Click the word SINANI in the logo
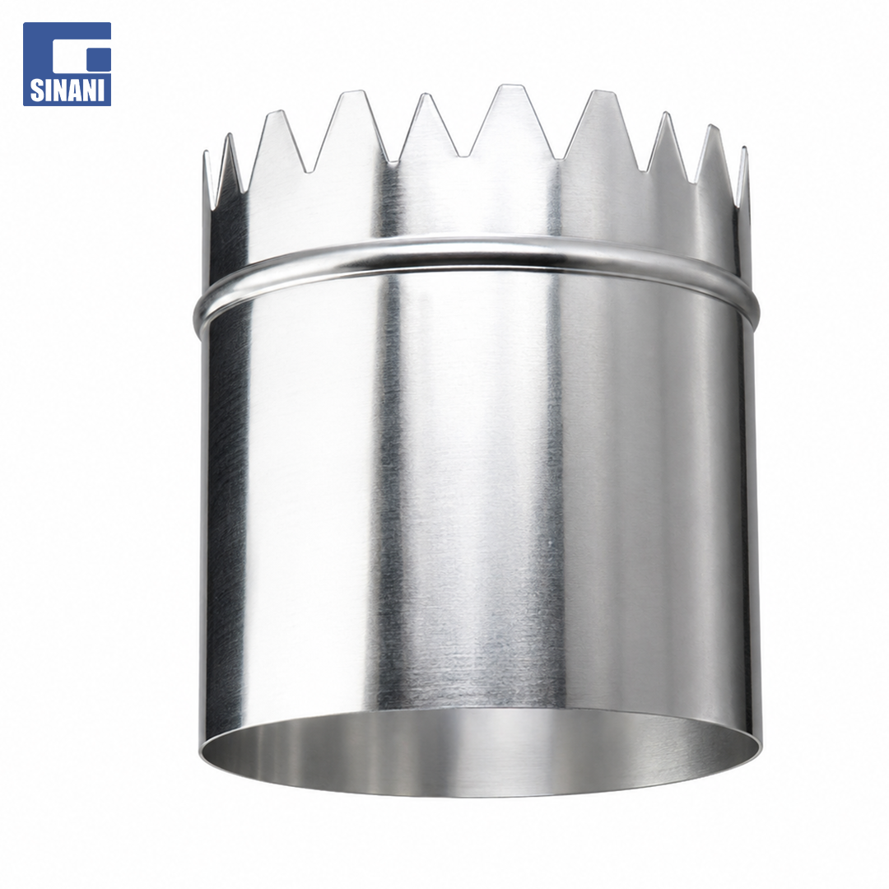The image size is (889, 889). coord(67,91)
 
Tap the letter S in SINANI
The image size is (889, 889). coord(35,91)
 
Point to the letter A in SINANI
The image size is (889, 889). coord(75,91)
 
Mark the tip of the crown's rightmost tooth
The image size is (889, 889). coord(744,147)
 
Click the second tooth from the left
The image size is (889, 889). coord(230,165)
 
